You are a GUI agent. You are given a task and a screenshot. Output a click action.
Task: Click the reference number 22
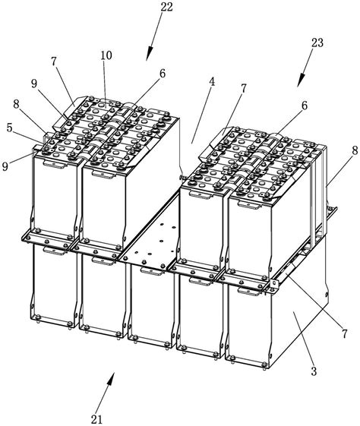click(166, 8)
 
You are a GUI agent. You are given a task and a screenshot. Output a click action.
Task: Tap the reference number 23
click(317, 43)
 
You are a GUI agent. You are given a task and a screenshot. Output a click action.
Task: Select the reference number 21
click(96, 419)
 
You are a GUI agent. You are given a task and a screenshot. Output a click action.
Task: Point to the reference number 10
click(106, 55)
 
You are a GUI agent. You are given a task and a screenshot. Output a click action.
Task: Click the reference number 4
click(212, 82)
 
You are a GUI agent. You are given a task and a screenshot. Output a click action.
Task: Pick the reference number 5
click(9, 128)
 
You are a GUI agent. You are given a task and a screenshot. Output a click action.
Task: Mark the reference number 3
click(314, 371)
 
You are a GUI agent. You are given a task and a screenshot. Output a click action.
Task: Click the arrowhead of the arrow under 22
click(150, 54)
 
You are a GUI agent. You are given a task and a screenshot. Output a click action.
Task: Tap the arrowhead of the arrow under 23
click(301, 80)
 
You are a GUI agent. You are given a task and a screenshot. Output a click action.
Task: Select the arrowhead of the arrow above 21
click(110, 378)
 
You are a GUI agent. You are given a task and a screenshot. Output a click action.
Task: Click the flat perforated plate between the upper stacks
click(152, 232)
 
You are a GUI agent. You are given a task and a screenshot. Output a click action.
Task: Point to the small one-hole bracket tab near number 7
click(273, 286)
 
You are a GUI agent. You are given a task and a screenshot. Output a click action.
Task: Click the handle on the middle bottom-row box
click(152, 271)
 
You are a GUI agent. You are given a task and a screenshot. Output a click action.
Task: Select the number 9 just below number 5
click(5, 166)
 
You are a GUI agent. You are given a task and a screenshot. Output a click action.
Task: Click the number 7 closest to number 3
click(345, 334)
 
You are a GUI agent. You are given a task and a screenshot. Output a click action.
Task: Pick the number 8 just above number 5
click(16, 105)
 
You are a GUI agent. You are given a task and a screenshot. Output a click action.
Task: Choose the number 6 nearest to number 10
click(163, 74)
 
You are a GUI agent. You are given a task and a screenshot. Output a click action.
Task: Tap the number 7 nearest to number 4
click(243, 88)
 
